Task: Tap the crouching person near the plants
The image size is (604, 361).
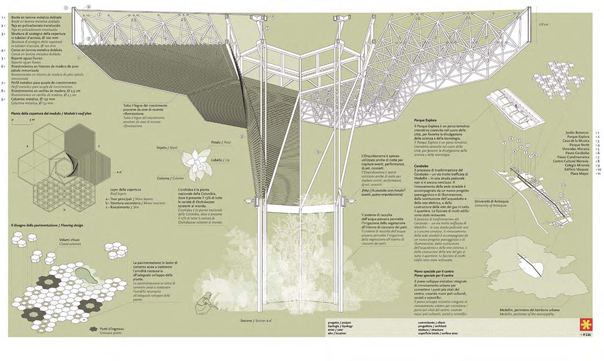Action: tap(208, 301)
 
